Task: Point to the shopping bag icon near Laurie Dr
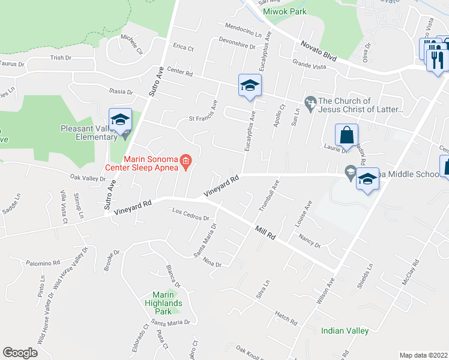pos(347,137)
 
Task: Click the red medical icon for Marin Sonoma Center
pos(186,160)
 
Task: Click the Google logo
pos(20,353)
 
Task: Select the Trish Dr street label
pos(61,58)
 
